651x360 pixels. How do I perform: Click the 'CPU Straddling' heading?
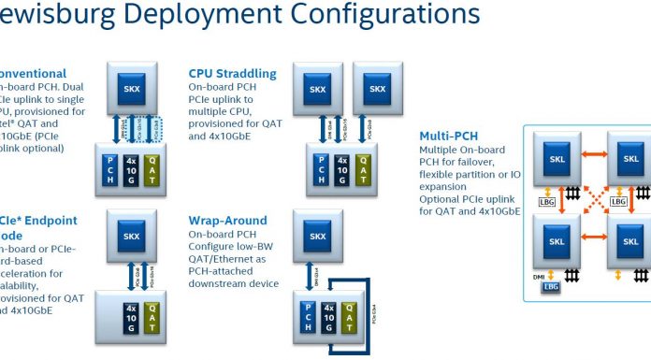pyautogui.click(x=232, y=72)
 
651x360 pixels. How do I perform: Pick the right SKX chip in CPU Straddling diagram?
pyautogui.click(x=377, y=90)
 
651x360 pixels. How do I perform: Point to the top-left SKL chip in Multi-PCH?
pyautogui.click(x=557, y=159)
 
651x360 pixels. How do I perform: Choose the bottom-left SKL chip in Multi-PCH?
pyautogui.click(x=557, y=241)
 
